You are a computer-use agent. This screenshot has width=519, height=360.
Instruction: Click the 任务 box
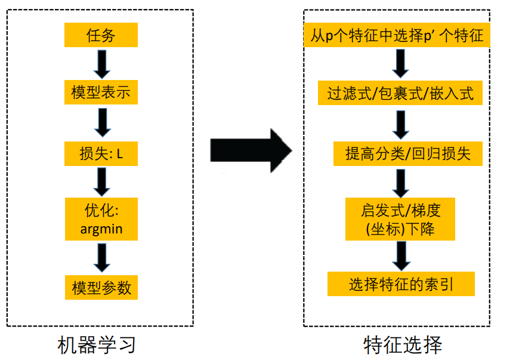point(101,35)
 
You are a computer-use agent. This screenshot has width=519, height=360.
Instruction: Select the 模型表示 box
point(101,93)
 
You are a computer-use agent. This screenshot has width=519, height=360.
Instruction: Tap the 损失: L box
point(101,153)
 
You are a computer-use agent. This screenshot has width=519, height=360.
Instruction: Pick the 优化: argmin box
point(101,219)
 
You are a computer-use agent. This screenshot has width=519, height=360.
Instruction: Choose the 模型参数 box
point(101,287)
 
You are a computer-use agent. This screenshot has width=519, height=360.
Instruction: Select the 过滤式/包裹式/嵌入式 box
point(400,94)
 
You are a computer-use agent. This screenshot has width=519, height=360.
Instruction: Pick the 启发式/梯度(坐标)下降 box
point(400,219)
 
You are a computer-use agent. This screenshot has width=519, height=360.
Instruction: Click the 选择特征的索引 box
point(401,284)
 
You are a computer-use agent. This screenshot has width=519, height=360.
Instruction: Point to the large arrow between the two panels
point(251,150)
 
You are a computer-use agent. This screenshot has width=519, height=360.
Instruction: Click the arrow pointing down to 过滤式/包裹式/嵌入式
point(400,63)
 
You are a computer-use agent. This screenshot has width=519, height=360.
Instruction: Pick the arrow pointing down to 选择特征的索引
point(400,255)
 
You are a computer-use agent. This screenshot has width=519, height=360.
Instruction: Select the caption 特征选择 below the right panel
point(403,345)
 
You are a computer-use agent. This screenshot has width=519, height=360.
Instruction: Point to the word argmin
point(101,229)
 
